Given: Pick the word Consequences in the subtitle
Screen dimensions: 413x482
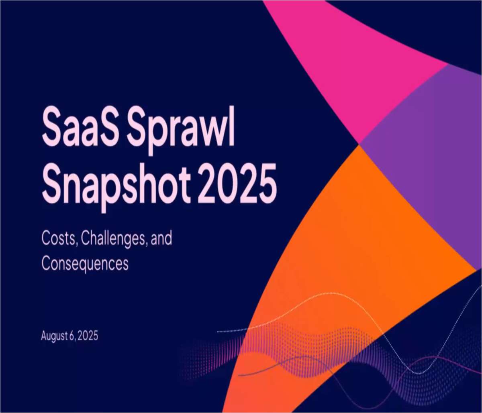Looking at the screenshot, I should pyautogui.click(x=85, y=263).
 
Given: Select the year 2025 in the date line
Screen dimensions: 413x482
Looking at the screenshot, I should pyautogui.click(x=88, y=336).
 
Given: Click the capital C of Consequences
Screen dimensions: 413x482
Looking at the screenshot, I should pyautogui.click(x=46, y=263).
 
